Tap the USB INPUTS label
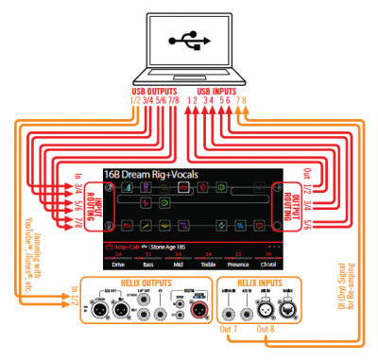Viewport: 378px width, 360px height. (x=220, y=91)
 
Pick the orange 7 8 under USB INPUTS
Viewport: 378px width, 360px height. (x=244, y=100)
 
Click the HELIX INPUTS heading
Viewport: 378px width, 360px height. (x=252, y=283)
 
